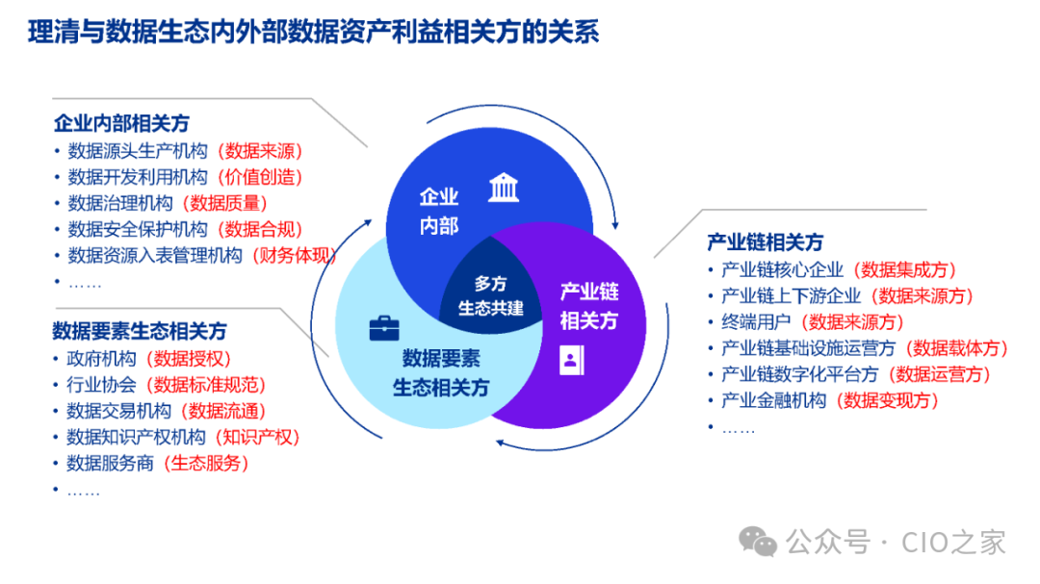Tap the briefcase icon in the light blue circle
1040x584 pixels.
tap(384, 329)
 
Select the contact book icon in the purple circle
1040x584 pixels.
tap(571, 361)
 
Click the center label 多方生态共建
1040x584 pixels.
tap(491, 296)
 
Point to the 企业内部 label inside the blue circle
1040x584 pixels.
tap(439, 212)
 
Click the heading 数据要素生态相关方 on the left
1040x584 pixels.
tap(140, 331)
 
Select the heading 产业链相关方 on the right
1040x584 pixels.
tap(766, 242)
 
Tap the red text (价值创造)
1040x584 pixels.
tap(260, 177)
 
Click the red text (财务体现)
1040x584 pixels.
tap(295, 256)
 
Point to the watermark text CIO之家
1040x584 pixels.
tap(953, 543)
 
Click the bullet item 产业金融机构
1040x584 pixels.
tap(773, 400)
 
